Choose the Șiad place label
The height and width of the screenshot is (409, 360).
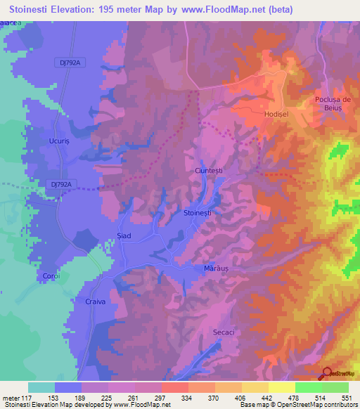123,236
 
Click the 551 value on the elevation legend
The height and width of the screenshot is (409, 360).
347,398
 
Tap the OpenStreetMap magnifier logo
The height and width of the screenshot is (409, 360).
328,374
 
